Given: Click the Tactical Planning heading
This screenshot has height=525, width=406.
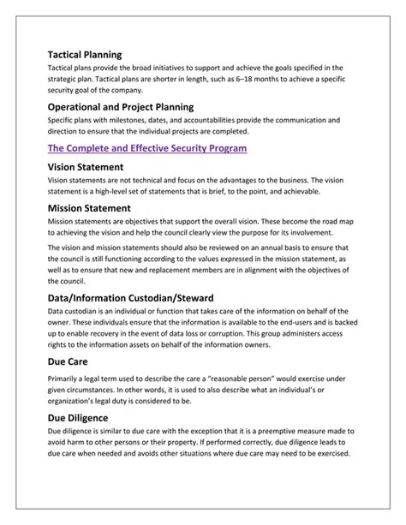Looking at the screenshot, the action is click(x=84, y=54).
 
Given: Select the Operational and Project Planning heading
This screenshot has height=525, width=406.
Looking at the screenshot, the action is click(x=120, y=107).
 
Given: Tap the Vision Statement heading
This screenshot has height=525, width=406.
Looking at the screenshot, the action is click(x=87, y=166).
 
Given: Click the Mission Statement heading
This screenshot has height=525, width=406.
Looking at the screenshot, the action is click(x=91, y=206).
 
